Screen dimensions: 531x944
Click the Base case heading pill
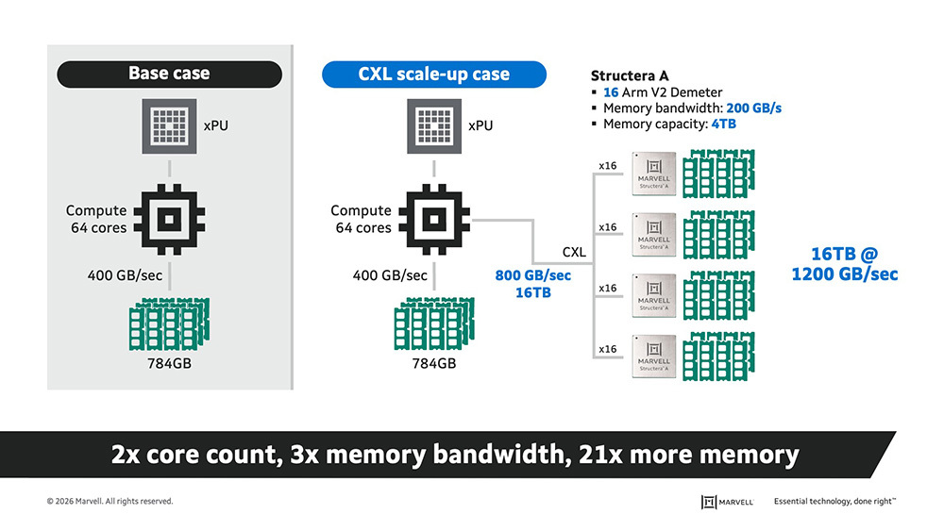169,74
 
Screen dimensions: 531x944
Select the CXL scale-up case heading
433,74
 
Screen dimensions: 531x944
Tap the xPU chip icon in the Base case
169,126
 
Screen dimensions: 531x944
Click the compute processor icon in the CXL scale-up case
433,220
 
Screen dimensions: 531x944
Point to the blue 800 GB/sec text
532,276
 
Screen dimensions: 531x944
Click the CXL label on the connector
574,253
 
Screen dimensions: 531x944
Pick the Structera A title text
631,75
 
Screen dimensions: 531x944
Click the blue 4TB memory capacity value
724,124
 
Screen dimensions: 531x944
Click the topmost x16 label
608,166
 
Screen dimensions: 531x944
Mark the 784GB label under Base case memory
169,363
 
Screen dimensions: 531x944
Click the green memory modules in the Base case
170,324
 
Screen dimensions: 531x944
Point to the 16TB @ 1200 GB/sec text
843,264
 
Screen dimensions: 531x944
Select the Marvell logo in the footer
727,502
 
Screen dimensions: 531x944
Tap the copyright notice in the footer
110,502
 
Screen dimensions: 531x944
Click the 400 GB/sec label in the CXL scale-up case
390,276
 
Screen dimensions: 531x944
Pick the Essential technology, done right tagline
834,502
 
